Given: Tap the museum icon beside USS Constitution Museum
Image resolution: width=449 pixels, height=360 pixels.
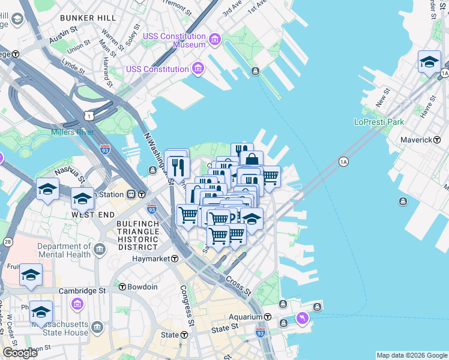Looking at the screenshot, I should tap(215, 40).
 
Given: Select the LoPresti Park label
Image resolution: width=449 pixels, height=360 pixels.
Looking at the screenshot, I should tap(379, 122).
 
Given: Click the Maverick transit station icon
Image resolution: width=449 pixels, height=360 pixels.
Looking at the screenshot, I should tap(437, 140).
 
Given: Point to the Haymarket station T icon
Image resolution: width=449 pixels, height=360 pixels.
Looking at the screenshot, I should tap(175, 259).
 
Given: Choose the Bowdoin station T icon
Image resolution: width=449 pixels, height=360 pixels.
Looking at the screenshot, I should tap(123, 287).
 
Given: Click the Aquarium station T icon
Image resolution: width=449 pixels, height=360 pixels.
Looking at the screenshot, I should tap(268, 317).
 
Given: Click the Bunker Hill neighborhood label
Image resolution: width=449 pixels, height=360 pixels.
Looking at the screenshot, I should tap(88, 18).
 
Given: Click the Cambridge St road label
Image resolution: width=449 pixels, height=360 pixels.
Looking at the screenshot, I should tap(82, 290).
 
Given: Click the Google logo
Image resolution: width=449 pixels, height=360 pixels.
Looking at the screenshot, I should tap(20, 353).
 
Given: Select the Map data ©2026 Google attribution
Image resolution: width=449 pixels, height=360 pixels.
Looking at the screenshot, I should tap(412, 355).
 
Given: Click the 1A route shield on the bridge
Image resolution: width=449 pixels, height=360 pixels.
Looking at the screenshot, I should tap(343, 161).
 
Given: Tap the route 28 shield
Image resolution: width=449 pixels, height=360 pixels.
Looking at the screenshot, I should tap(8, 242).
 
